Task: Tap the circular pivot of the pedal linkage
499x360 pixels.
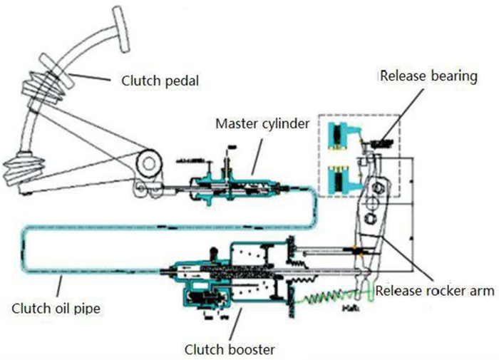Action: coord(149,163)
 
